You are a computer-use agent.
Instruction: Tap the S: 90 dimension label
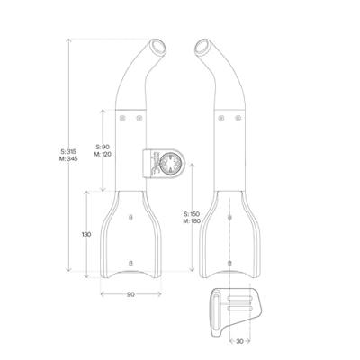(103, 146)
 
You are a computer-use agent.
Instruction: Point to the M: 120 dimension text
(103, 154)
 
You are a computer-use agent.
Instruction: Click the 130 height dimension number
(85, 234)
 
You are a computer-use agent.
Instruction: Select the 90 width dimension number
(130, 294)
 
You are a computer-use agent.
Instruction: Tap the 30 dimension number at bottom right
(240, 341)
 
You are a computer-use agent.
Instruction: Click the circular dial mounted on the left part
(165, 163)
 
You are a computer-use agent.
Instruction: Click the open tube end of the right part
(203, 47)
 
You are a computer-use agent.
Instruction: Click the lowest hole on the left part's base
(131, 262)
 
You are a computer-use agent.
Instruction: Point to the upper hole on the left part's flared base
(131, 218)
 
